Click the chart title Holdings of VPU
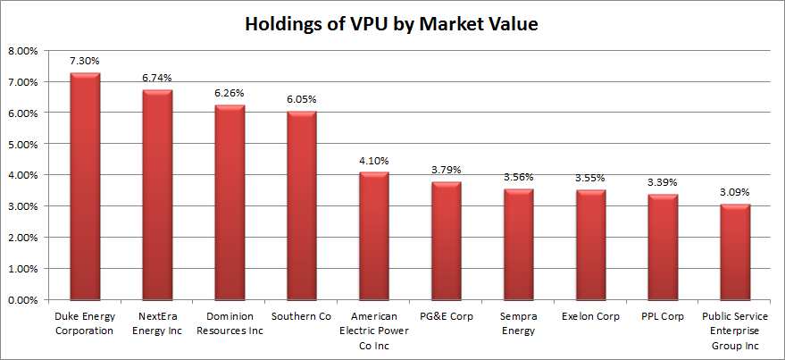[392, 24]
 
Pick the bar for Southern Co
[302, 205]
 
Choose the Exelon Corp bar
[591, 245]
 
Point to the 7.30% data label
[85, 62]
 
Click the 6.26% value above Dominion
[230, 93]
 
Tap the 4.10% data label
[374, 161]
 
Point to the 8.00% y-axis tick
[22, 51]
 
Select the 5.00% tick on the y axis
[22, 145]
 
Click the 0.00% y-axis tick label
[22, 300]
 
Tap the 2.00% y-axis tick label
[22, 239]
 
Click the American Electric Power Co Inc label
[374, 330]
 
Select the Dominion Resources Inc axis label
[230, 323]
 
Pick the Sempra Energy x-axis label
[519, 323]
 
